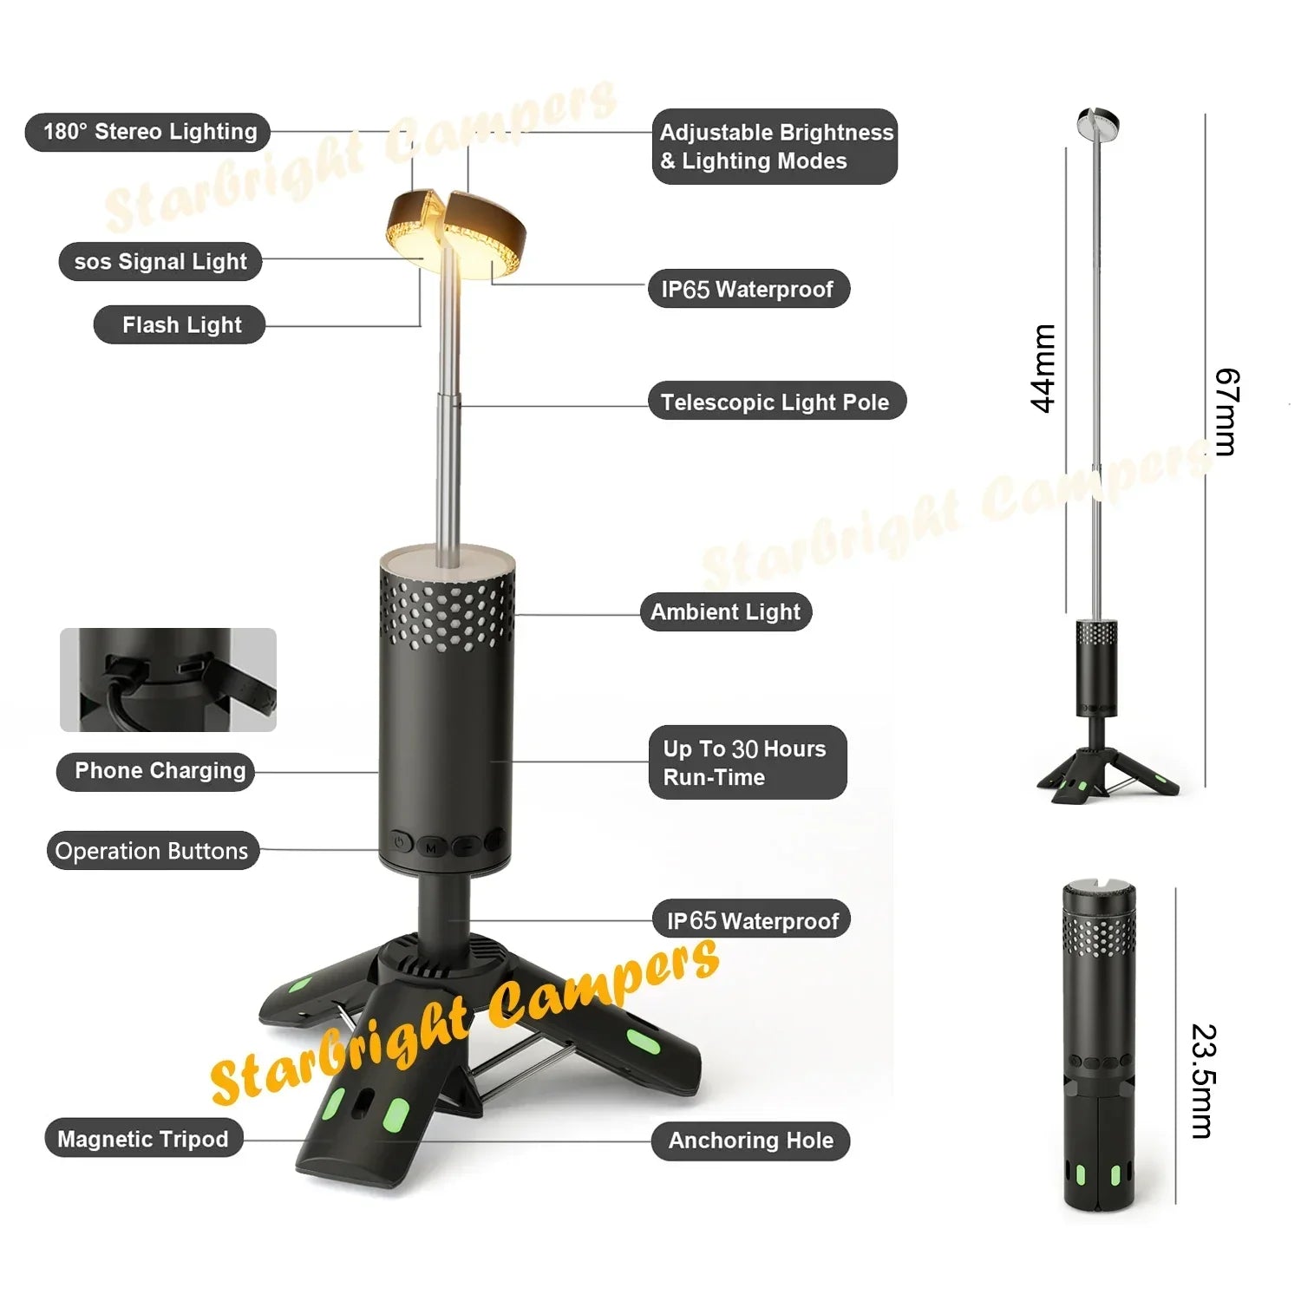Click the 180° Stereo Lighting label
coord(148,132)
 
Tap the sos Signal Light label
coord(160,261)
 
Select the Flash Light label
coord(180,324)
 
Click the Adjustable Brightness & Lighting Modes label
coord(775,147)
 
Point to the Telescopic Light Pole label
coord(776,402)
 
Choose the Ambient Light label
coord(726,611)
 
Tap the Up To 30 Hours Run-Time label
coord(747,762)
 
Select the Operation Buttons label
coord(153,851)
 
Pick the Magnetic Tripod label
coord(143,1139)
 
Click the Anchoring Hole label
coord(750,1141)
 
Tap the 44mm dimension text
coord(1043,369)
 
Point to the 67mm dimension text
coord(1226,412)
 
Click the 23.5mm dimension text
coord(1204,1082)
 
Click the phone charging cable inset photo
coord(168,680)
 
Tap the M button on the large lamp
coord(431,847)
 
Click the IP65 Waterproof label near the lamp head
coord(749,289)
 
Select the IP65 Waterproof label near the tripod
coord(752,920)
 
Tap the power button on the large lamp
coord(400,841)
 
